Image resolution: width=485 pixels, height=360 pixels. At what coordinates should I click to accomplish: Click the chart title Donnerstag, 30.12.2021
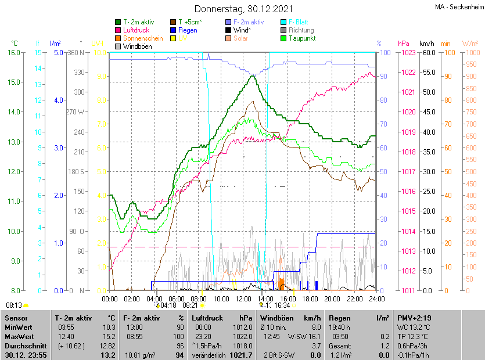tap(243, 9)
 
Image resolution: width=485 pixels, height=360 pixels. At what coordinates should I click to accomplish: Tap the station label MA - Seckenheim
tap(458, 7)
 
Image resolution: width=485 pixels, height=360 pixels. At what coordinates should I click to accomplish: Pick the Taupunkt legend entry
tap(301, 38)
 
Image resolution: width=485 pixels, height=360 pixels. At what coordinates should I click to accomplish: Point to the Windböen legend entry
tap(138, 46)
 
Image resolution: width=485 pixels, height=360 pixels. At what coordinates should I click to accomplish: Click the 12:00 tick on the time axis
tap(243, 298)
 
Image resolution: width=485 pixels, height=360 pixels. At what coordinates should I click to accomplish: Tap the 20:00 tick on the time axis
tap(332, 298)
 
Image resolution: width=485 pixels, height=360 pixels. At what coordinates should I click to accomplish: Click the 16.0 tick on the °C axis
tap(13, 53)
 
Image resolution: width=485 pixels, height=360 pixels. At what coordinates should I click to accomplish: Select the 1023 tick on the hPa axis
tap(407, 53)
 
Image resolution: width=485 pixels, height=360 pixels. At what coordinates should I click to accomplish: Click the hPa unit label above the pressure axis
tap(404, 44)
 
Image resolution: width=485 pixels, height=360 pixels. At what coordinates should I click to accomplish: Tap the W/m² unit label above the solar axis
tap(470, 44)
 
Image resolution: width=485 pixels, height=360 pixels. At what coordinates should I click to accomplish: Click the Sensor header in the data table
tap(16, 318)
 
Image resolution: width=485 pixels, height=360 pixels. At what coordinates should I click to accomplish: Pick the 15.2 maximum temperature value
tap(109, 336)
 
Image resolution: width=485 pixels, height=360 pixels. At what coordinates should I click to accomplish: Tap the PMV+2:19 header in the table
tap(415, 318)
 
